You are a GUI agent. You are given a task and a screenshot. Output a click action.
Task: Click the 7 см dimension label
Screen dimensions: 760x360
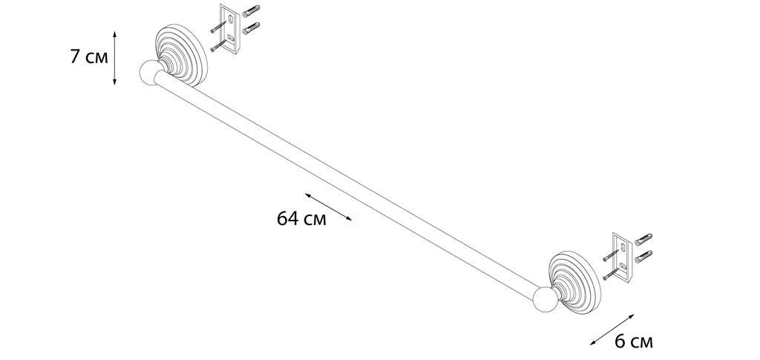point(89,57)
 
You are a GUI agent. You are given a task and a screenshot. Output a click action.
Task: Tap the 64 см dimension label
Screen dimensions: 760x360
point(301,219)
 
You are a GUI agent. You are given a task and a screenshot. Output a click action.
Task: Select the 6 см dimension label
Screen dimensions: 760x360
point(634,342)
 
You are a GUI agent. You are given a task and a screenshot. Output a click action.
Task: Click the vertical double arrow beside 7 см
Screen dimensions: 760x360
point(114,58)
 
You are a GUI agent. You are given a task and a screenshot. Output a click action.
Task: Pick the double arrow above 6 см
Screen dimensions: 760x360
point(612,330)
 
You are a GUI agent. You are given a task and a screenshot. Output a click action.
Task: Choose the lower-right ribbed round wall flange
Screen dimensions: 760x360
point(575,282)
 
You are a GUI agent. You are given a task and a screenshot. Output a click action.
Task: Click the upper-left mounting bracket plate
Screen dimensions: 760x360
point(230,29)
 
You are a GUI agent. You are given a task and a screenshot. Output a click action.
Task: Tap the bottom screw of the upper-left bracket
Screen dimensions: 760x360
point(219,45)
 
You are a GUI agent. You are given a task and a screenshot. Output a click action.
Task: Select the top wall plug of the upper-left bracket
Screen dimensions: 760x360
point(251,11)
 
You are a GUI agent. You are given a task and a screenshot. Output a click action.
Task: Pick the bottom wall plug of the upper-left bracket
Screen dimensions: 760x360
point(251,28)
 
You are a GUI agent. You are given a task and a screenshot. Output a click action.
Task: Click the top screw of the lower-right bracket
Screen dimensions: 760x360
point(612,255)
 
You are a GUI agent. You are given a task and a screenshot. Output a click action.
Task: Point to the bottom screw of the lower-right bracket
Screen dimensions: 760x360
point(612,274)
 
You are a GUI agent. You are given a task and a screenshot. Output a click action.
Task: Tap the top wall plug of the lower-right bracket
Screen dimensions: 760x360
point(643,239)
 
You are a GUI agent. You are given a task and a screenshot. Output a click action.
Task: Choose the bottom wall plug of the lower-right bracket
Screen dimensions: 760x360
point(643,256)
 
